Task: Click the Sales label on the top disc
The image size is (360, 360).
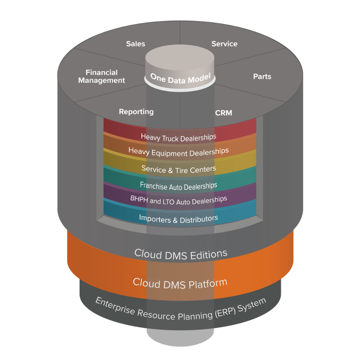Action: (x=136, y=44)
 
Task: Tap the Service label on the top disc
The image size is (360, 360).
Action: (x=224, y=44)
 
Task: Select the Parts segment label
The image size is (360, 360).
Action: (x=262, y=77)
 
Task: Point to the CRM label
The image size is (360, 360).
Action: (x=224, y=113)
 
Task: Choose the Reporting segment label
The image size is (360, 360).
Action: (x=136, y=112)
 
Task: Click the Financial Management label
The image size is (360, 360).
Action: (x=102, y=76)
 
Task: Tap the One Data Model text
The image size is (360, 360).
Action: (x=180, y=78)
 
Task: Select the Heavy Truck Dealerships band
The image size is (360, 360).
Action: (x=179, y=137)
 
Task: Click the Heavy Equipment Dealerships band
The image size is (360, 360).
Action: (x=179, y=152)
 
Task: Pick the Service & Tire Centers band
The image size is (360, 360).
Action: (x=179, y=169)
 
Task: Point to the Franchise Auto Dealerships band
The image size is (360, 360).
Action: (x=179, y=186)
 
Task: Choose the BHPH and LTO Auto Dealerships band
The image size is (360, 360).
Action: (x=179, y=200)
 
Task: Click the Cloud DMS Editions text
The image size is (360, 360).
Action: (x=181, y=254)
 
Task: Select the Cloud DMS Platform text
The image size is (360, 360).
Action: (x=180, y=283)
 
